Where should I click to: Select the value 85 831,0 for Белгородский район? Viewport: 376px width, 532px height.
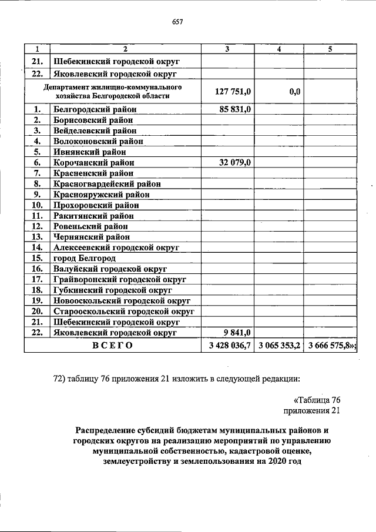[235, 109]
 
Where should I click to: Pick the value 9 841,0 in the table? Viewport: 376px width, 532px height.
[238, 333]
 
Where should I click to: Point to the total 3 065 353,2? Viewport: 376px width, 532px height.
[279, 346]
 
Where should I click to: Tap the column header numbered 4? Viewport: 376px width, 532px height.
[279, 49]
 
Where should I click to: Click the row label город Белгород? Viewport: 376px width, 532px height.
[85, 258]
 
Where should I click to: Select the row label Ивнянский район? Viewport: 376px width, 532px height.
[90, 152]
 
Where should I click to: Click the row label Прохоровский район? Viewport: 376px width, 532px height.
[96, 205]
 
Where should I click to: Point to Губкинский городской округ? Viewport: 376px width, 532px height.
[112, 290]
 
